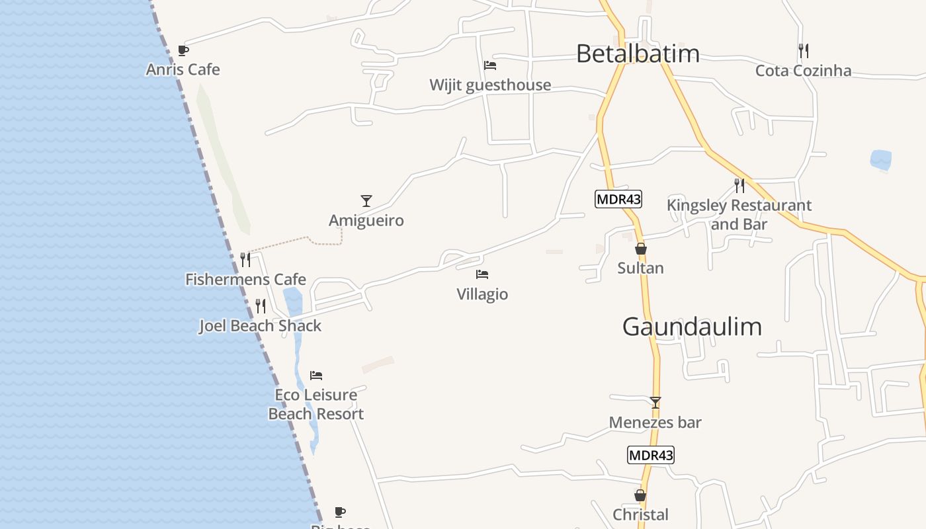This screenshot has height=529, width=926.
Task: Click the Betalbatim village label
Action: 638,54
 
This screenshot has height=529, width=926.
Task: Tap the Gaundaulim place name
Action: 692,327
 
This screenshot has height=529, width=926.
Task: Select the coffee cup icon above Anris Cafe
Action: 183,50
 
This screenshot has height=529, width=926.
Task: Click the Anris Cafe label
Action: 183,69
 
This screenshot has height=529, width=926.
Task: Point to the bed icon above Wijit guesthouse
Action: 490,65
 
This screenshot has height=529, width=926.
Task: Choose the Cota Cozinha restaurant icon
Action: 804,50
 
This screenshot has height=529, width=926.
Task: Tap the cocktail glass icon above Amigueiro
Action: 366,201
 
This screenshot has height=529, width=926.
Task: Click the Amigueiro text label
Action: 366,220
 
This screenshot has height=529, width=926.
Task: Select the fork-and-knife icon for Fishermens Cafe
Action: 245,259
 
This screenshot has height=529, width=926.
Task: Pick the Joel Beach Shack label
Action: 260,326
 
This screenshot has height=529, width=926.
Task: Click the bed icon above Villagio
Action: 482,274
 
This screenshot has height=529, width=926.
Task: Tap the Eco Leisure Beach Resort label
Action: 316,404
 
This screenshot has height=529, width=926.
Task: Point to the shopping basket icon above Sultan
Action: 640,249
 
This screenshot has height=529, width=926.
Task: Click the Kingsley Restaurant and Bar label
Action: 739,215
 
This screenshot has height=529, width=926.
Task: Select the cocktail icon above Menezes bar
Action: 655,403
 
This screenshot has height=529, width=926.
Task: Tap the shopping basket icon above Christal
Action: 640,495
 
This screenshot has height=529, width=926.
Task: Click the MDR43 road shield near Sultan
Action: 618,199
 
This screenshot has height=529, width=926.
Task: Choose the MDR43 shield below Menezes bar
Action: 651,455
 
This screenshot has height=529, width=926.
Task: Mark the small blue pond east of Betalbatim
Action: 880,160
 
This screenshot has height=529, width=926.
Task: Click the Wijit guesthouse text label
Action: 490,85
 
